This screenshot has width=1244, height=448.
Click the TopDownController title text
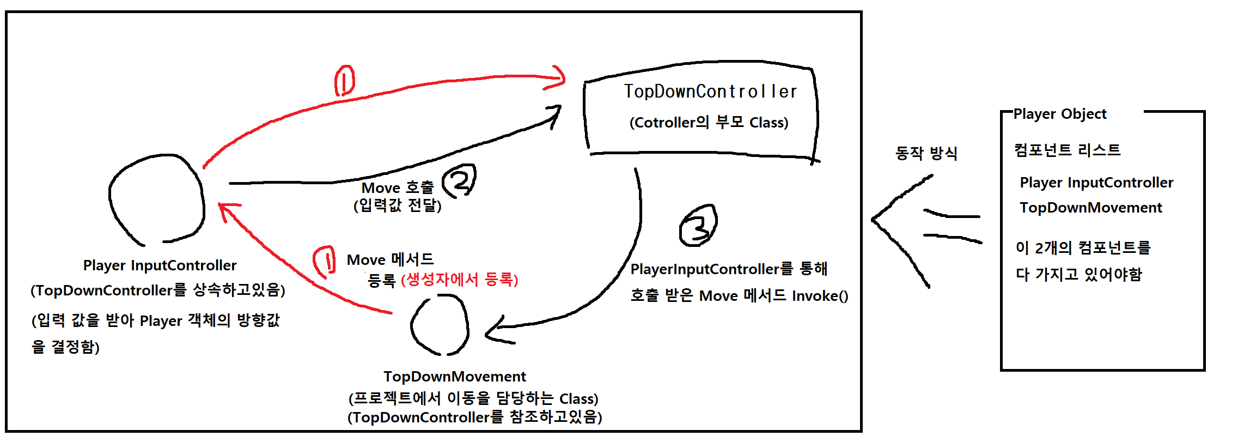(710, 92)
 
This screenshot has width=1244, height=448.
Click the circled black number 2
(459, 181)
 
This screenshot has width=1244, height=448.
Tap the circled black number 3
(698, 226)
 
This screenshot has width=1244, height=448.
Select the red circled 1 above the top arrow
(344, 81)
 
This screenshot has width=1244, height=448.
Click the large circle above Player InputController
(157, 199)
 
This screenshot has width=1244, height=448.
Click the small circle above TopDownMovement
(440, 325)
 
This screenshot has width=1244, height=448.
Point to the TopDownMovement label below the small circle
(455, 377)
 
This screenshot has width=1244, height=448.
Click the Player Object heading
(1059, 114)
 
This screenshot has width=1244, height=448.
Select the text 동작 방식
(926, 153)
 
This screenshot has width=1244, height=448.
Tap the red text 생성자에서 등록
(459, 280)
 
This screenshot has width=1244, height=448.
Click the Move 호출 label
(398, 188)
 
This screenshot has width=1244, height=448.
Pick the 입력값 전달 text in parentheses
(398, 205)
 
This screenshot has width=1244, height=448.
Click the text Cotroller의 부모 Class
(709, 123)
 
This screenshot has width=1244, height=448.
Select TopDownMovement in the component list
(1090, 208)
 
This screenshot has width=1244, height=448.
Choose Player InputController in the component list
(1096, 183)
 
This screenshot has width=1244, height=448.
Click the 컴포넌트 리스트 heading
(1067, 150)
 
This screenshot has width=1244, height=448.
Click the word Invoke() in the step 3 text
(820, 296)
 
